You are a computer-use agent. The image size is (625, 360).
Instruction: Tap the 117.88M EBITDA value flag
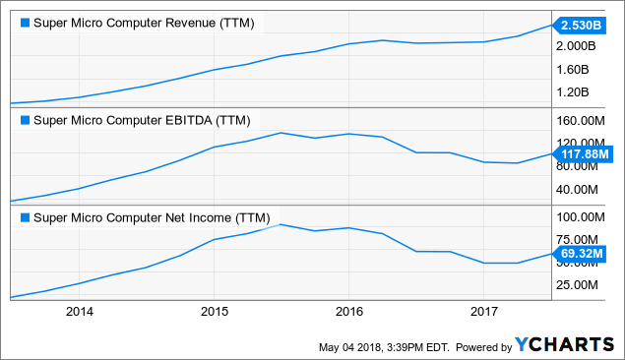click(x=583, y=153)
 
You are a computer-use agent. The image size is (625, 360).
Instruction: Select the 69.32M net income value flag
click(x=581, y=254)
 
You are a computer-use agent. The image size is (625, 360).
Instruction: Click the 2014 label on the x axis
click(x=79, y=312)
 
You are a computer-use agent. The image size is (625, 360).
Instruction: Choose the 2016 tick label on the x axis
click(x=348, y=312)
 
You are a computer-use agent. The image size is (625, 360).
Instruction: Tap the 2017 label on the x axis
click(x=483, y=312)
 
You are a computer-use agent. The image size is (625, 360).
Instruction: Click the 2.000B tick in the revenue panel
click(x=581, y=46)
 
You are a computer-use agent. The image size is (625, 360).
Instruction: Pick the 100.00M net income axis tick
click(x=584, y=217)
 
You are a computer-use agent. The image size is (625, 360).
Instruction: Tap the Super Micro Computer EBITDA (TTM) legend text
click(x=143, y=121)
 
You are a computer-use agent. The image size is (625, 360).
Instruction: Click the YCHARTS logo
click(x=562, y=345)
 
